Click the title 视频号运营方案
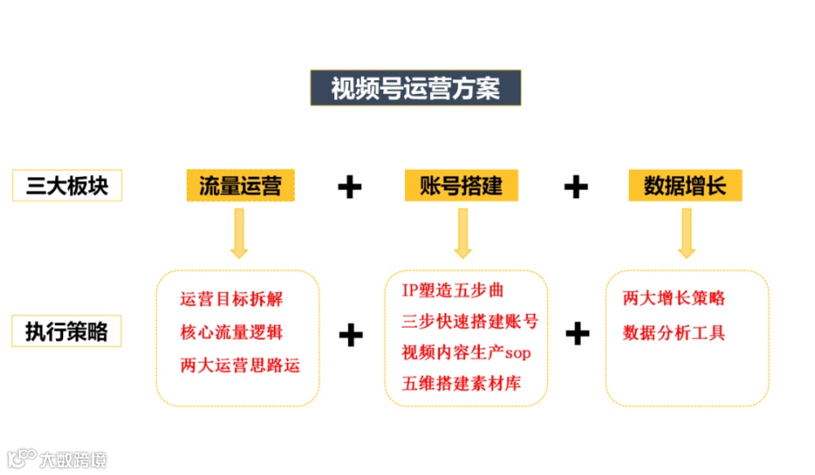[x=415, y=88]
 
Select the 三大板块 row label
[x=67, y=185]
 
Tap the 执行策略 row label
[x=67, y=331]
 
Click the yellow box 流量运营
[x=240, y=185]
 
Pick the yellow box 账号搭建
[x=461, y=185]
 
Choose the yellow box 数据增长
[x=686, y=185]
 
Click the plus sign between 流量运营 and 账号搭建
[x=349, y=186]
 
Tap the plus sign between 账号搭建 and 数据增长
[x=575, y=186]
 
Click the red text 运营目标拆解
[x=232, y=299]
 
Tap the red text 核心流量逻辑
[x=232, y=332]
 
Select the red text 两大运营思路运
[x=240, y=365]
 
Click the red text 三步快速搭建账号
[x=470, y=321]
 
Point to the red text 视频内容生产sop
[x=464, y=352]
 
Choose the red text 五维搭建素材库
[x=461, y=383]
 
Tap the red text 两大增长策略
[x=674, y=299]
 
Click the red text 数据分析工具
[x=674, y=332]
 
